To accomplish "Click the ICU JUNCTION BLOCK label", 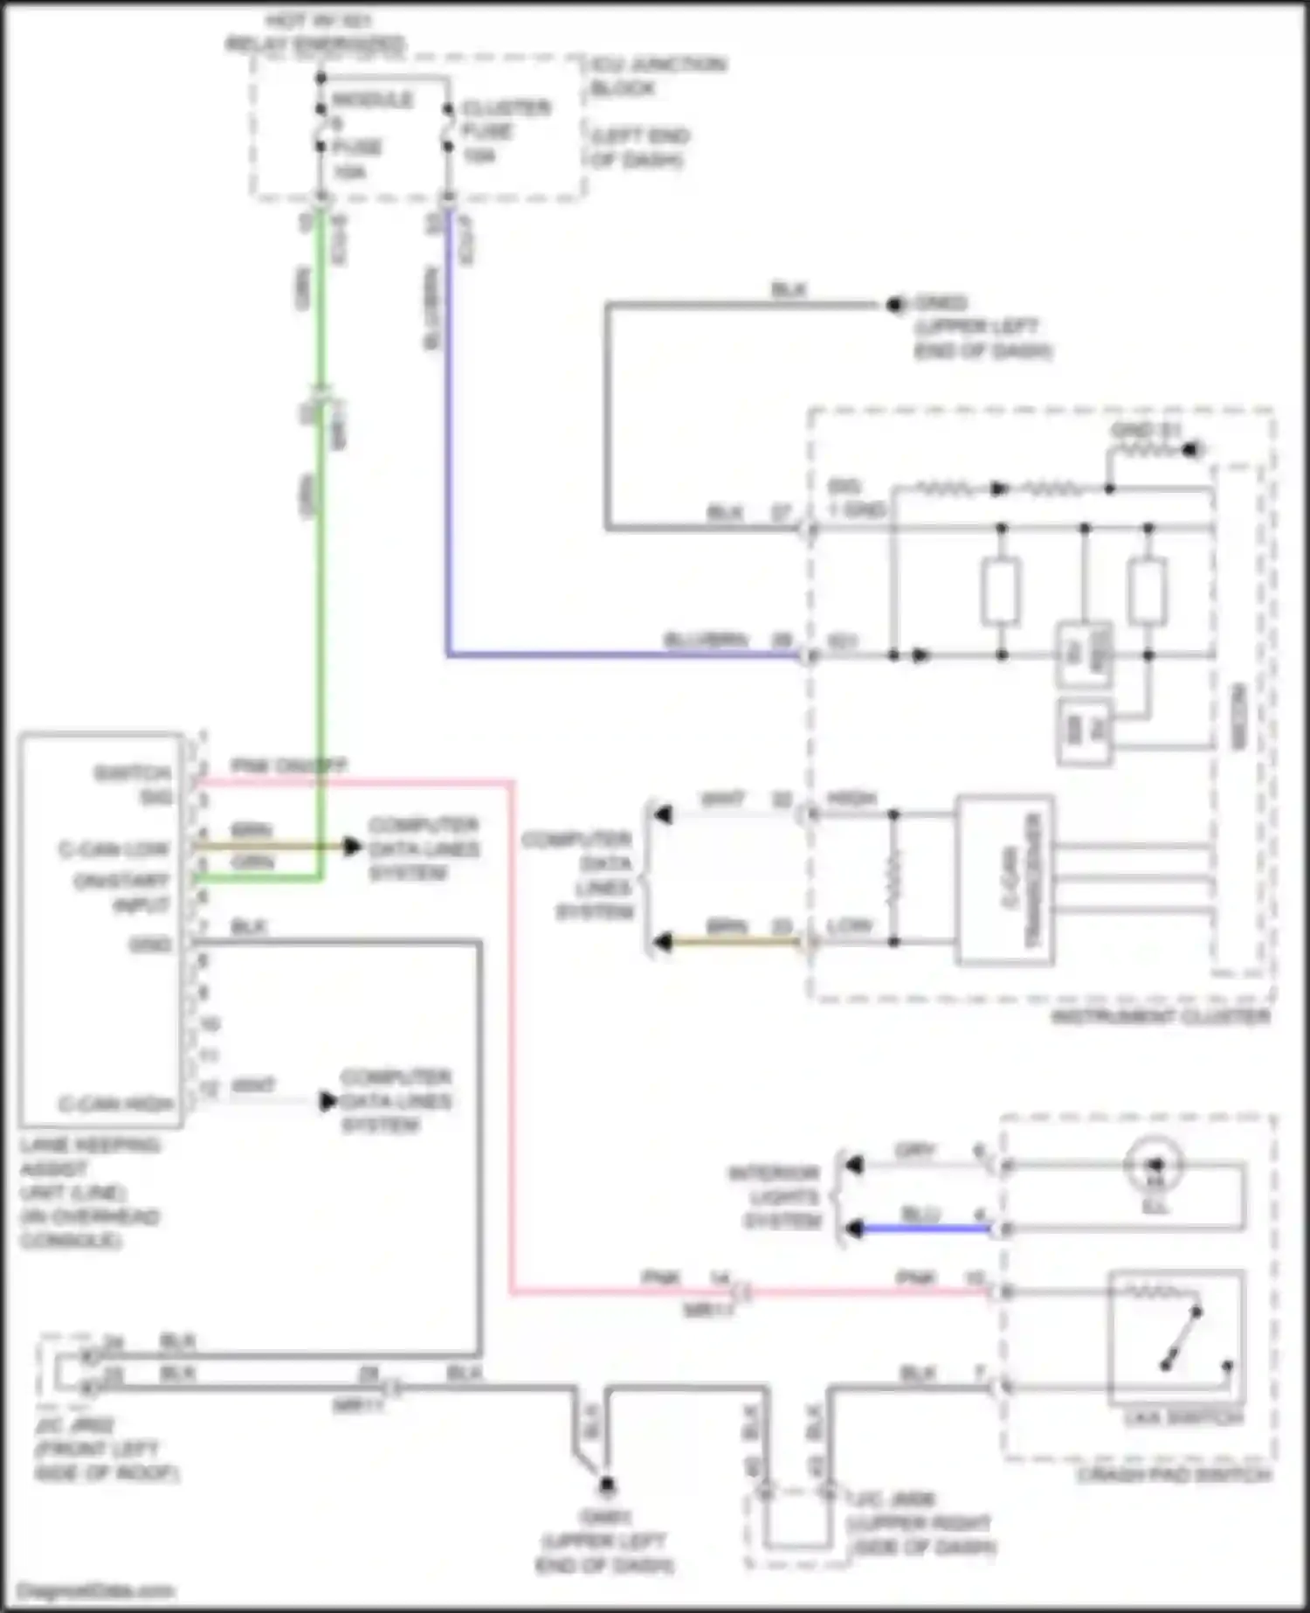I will [657, 76].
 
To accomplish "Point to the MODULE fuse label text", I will [372, 100].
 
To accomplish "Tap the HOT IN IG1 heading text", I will [316, 31].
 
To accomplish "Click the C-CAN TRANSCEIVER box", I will [1004, 880].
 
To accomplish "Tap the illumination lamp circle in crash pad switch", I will [1154, 1165].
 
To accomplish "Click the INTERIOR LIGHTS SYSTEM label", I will [776, 1197].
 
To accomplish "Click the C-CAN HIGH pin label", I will [116, 1104].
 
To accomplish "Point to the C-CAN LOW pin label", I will [114, 849].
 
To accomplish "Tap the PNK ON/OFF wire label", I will [288, 766].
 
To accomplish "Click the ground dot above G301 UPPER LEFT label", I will [606, 1484].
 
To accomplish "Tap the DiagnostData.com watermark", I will [96, 1590].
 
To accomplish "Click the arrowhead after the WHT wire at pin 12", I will [328, 1101].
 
